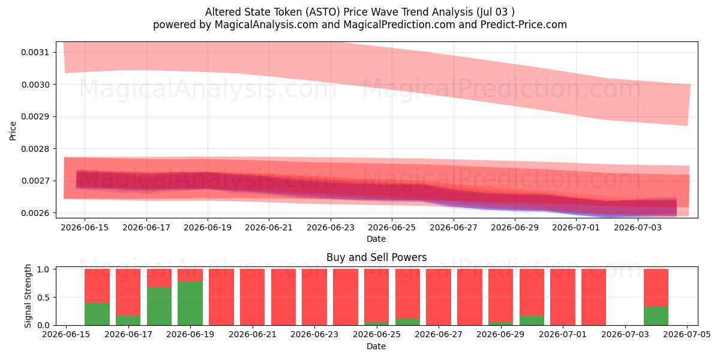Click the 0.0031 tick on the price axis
coord(35,52)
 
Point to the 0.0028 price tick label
coord(35,149)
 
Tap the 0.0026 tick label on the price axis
coord(35,213)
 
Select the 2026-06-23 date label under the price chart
coord(331,227)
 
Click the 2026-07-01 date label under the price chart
coord(576,227)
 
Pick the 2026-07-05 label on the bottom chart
coord(687,335)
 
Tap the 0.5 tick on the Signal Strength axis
coord(43,298)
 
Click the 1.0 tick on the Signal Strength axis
coord(43,269)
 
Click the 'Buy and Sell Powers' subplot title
coord(376,257)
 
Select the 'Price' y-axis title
coord(13,131)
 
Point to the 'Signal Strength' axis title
coord(28,296)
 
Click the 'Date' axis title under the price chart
coord(376,239)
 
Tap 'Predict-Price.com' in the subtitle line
coord(524,25)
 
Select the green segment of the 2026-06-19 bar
coord(190,304)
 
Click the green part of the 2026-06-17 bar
coord(128,320)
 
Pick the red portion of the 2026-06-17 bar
coord(128,293)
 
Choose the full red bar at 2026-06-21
coord(253,298)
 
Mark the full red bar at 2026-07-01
coord(563,298)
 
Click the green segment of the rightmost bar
coord(656,316)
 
